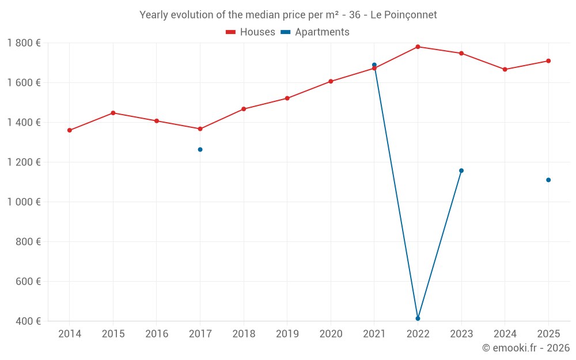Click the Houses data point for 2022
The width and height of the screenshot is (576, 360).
click(x=418, y=47)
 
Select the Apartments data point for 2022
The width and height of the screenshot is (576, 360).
click(x=418, y=319)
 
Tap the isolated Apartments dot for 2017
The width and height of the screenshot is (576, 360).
click(x=200, y=150)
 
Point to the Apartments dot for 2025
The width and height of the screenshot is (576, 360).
click(x=548, y=180)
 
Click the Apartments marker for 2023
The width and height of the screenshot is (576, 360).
click(x=461, y=170)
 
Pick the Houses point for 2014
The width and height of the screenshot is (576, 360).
click(x=70, y=130)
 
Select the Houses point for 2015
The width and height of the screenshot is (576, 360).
click(x=113, y=113)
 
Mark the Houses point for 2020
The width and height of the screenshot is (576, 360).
click(x=331, y=81)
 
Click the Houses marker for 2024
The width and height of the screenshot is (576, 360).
click(x=505, y=70)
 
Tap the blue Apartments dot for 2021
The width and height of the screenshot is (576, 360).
click(x=374, y=65)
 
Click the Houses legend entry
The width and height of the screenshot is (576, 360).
click(x=251, y=32)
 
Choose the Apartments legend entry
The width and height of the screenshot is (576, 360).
click(x=315, y=32)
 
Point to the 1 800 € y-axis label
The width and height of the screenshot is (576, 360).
click(x=24, y=43)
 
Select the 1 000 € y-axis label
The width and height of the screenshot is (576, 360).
click(x=24, y=202)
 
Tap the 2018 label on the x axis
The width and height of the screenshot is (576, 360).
click(x=244, y=334)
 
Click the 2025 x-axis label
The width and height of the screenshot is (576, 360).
click(x=548, y=334)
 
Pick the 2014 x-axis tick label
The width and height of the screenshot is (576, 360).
click(x=70, y=334)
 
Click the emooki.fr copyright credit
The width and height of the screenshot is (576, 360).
click(x=525, y=348)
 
